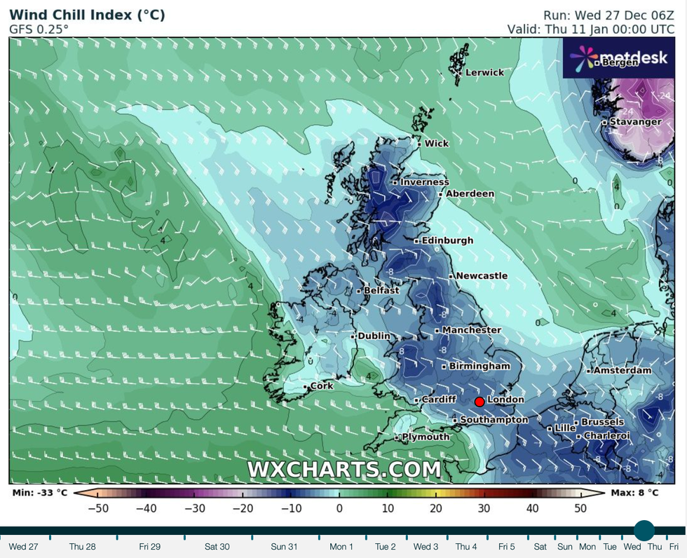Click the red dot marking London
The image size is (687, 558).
(x=479, y=402)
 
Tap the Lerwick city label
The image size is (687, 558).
(x=484, y=72)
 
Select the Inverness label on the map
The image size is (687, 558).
(x=424, y=182)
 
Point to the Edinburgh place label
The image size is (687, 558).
(x=447, y=240)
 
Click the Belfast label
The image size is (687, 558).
(x=381, y=290)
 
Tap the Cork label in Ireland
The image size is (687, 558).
(x=321, y=386)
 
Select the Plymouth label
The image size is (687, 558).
(x=425, y=437)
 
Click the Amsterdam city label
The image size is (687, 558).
(x=622, y=370)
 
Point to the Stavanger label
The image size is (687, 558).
(x=634, y=122)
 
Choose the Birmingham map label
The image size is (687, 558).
(x=479, y=366)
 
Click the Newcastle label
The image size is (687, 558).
(x=481, y=275)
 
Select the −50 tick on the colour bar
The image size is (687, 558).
(x=97, y=508)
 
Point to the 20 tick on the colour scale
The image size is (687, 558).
(x=435, y=508)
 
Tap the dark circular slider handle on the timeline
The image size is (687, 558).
(x=644, y=531)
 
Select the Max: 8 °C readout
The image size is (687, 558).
(x=635, y=492)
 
